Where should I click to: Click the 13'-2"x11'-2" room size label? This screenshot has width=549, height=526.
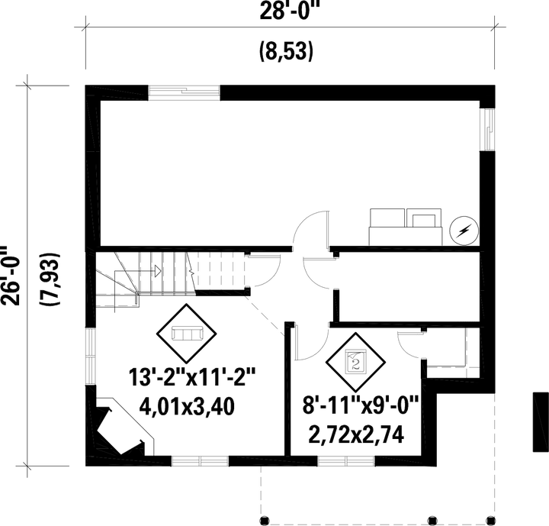pyautogui.click(x=192, y=377)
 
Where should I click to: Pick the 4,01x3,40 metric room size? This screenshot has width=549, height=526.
pyautogui.click(x=187, y=407)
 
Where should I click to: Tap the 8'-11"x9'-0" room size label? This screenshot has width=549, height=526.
pyautogui.click(x=361, y=405)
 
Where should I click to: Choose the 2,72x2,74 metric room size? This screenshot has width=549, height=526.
pyautogui.click(x=356, y=434)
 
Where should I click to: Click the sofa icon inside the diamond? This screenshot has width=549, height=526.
pyautogui.click(x=188, y=333)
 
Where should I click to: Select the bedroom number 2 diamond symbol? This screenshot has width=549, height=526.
pyautogui.click(x=356, y=362)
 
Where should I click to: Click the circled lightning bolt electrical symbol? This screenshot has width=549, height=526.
pyautogui.click(x=464, y=231)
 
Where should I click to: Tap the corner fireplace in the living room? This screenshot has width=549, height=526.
pyautogui.click(x=120, y=426)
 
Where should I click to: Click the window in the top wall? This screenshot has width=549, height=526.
pyautogui.click(x=185, y=92)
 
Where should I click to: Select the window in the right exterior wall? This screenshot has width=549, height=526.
pyautogui.click(x=487, y=130)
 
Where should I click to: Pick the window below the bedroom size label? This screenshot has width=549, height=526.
pyautogui.click(x=346, y=461)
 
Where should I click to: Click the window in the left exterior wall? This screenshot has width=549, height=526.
pyautogui.click(x=91, y=357)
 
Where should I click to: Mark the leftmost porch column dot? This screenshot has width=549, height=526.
pyautogui.click(x=265, y=520)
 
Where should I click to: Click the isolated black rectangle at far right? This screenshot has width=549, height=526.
pyautogui.click(x=541, y=422)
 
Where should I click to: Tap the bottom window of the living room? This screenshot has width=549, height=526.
pyautogui.click(x=200, y=461)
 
